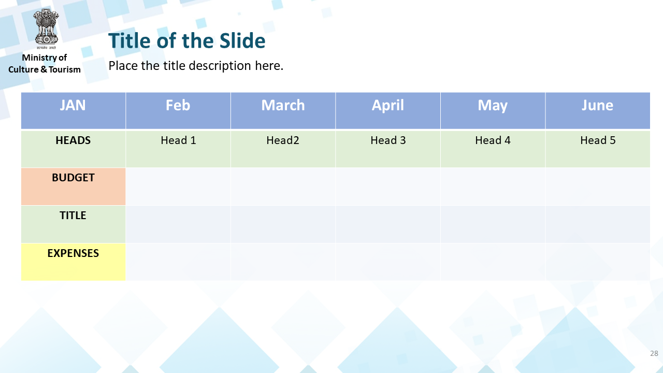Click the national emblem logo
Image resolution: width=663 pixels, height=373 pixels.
point(46,29)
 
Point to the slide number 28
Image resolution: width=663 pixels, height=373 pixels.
point(654,353)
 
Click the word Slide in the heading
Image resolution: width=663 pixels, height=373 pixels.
point(242,40)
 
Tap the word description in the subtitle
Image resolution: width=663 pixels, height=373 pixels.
point(220,66)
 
